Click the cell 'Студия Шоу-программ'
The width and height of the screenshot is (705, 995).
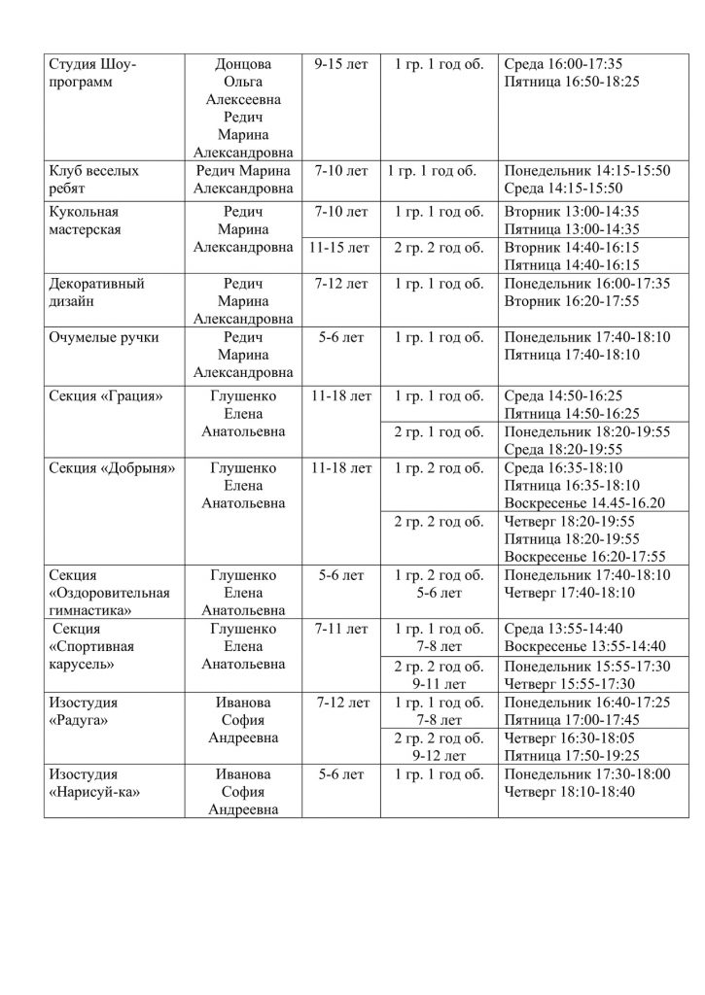coord(93,73)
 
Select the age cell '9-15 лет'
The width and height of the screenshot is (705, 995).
coord(341,64)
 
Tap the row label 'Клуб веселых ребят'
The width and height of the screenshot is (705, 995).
coord(94,180)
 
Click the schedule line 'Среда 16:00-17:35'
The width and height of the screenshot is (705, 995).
coord(565,64)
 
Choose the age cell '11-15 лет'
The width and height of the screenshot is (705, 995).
coord(338,248)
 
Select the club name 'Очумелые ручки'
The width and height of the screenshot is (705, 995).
coord(103,338)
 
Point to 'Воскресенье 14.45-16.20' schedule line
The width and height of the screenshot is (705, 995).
coord(584,502)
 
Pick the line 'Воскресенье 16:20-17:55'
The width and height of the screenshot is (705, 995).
coord(585,556)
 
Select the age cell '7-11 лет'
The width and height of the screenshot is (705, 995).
coord(341,629)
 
